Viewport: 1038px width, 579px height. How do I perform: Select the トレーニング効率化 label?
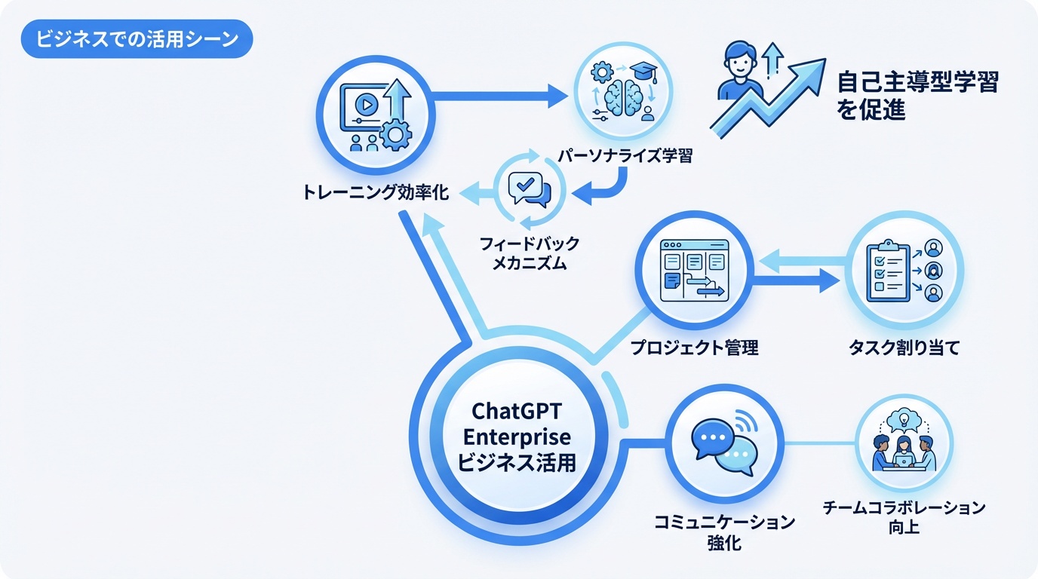click(375, 193)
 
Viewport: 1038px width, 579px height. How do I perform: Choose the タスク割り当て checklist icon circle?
click(902, 269)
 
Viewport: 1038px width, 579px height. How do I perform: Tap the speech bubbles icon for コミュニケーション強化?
click(723, 444)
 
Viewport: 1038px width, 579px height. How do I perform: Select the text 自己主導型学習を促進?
click(917, 96)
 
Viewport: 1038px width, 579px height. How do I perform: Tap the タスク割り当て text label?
click(903, 348)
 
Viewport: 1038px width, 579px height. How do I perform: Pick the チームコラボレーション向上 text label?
click(904, 517)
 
